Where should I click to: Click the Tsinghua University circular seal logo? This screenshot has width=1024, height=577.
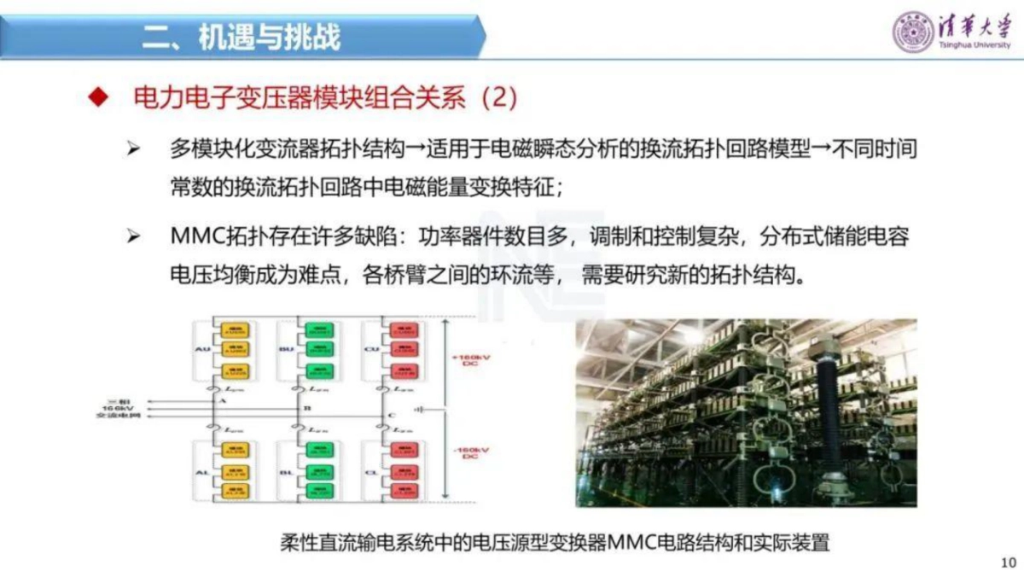click(x=912, y=32)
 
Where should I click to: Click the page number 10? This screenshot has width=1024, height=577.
click(x=1007, y=562)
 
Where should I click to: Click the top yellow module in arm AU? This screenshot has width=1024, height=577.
click(x=235, y=329)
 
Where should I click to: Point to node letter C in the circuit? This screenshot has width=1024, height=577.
click(x=391, y=417)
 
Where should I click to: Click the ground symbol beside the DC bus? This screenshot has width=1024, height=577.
click(x=420, y=410)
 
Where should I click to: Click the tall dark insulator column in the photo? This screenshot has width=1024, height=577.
click(x=825, y=401)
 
